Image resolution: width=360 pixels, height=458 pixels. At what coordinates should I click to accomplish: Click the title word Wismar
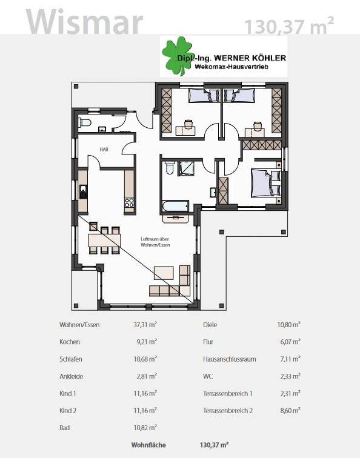(x=84, y=22)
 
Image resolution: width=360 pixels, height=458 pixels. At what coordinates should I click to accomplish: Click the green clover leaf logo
(x=178, y=56)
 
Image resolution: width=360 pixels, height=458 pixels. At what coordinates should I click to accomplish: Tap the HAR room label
(x=104, y=150)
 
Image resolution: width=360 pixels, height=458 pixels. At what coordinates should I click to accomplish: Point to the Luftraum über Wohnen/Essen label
(x=155, y=242)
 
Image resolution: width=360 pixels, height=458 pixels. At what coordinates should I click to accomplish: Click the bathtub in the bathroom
(x=175, y=205)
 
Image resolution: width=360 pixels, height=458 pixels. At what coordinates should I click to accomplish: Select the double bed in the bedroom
(x=266, y=183)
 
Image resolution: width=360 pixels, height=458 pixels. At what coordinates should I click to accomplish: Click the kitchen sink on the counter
(x=83, y=191)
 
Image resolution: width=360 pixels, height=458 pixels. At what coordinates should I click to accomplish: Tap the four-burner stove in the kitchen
(x=130, y=202)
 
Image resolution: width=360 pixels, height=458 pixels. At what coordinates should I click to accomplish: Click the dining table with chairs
(x=104, y=240)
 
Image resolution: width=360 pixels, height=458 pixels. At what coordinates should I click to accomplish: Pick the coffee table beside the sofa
(x=164, y=273)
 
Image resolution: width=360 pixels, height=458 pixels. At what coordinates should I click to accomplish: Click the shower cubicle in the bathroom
(x=186, y=168)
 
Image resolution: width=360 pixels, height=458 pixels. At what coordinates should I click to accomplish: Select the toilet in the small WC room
(x=85, y=122)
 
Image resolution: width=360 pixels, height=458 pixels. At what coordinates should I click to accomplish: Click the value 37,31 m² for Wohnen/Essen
(x=145, y=325)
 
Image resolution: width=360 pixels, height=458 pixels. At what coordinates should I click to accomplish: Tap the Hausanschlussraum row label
(x=229, y=359)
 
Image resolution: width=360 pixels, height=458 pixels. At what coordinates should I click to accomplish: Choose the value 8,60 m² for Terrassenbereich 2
(x=290, y=410)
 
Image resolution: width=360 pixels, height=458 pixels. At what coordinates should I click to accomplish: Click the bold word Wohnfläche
(x=148, y=445)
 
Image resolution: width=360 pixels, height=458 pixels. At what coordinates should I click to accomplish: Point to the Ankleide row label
(x=72, y=376)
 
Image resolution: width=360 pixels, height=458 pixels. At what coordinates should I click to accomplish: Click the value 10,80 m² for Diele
(x=288, y=325)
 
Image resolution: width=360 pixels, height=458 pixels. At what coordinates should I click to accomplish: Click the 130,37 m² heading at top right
(x=289, y=25)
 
